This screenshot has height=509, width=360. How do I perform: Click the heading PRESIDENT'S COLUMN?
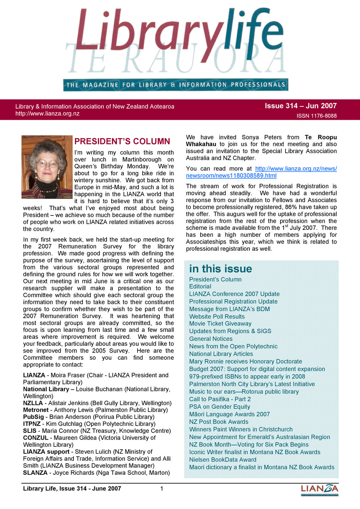click(122, 141)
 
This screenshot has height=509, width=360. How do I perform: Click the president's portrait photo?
click(47, 167)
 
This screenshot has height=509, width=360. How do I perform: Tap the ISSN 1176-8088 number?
click(316, 116)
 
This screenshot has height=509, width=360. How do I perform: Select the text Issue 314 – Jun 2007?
click(301, 106)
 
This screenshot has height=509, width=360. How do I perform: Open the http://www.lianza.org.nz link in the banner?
click(48, 114)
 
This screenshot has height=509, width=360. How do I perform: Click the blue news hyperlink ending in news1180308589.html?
click(261, 172)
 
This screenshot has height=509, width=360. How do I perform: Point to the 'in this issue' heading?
click(220, 269)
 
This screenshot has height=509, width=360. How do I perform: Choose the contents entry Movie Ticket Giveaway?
click(220, 323)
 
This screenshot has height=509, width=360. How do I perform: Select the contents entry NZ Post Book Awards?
click(219, 422)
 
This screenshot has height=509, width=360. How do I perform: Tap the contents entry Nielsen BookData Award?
click(222, 459)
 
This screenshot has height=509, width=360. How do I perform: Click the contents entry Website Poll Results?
click(217, 317)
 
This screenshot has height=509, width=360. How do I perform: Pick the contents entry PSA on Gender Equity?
click(220, 406)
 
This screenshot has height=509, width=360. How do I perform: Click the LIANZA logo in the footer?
click(320, 490)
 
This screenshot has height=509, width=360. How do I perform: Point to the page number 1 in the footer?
click(162, 488)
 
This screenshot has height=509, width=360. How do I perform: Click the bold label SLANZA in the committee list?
click(35, 473)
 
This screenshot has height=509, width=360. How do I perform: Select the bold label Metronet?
click(36, 410)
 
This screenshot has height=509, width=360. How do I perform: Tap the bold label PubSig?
click(33, 417)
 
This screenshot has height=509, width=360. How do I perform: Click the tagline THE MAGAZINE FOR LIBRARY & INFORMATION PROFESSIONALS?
click(176, 85)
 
